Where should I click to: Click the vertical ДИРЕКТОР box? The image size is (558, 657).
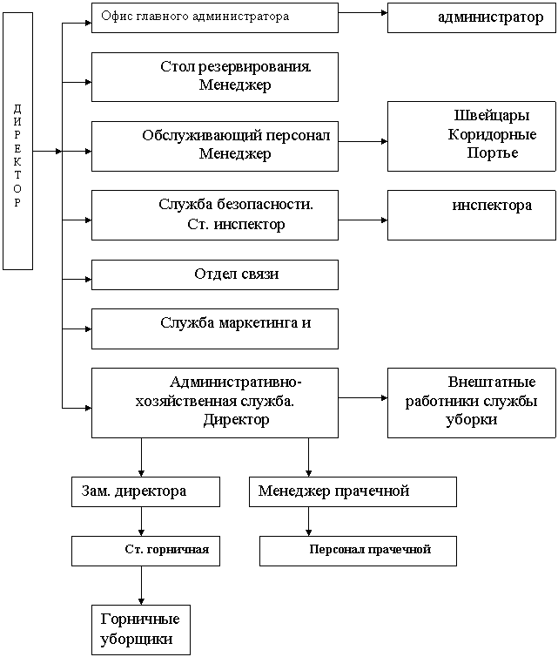tap(18, 140)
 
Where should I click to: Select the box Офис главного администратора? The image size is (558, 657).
tap(214, 17)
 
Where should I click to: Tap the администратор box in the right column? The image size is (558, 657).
tap(471, 17)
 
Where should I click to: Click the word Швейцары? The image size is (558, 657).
tap(492, 116)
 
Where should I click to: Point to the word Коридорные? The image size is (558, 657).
tap(492, 134)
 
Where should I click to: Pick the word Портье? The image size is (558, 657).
tap(492, 152)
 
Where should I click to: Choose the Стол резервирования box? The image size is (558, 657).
tap(214, 77)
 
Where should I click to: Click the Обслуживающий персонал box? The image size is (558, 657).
tap(214, 146)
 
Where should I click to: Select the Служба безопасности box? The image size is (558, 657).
tap(214, 215)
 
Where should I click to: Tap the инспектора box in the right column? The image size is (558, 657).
tap(471, 214)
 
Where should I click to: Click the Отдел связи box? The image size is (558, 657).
tap(214, 274)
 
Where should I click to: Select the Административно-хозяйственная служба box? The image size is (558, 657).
tap(214, 402)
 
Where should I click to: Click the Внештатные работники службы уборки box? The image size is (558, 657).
tap(471, 402)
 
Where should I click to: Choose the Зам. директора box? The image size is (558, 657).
tap(145, 491)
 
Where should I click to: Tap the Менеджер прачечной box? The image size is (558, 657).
tap(353, 491)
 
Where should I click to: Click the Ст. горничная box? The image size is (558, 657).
tap(145, 551)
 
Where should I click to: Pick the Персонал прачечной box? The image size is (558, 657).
tap(358, 551)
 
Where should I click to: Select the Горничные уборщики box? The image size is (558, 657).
tap(140, 629)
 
